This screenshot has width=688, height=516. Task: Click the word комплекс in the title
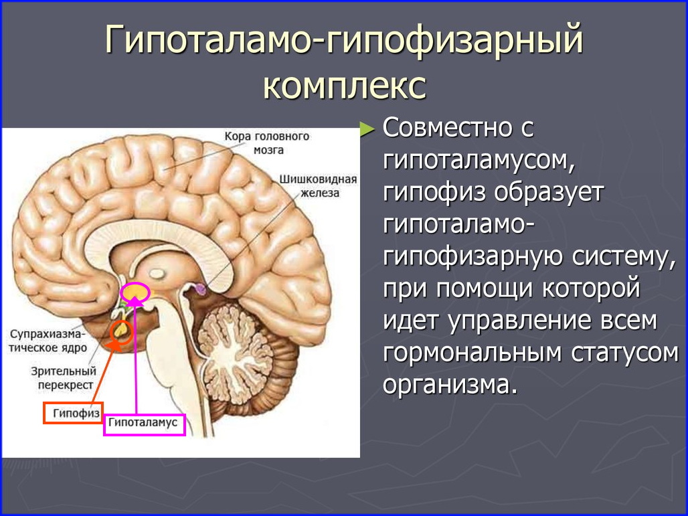tap(345, 85)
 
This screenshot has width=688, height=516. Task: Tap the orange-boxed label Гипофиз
tap(73, 413)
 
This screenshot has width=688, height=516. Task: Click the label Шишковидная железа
tap(319, 186)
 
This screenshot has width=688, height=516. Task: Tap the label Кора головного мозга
tap(267, 143)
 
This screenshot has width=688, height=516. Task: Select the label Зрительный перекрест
tap(64, 377)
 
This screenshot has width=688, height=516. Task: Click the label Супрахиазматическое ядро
tap(48, 341)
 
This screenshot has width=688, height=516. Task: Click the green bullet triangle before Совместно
tap(367, 129)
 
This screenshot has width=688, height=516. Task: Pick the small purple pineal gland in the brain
tap(201, 288)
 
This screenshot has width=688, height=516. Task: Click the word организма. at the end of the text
tap(448, 385)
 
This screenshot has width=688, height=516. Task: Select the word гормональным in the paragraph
tap(472, 353)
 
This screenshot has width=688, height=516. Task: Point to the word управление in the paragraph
tap(508, 321)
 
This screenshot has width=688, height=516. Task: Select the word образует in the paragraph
tap(549, 193)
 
